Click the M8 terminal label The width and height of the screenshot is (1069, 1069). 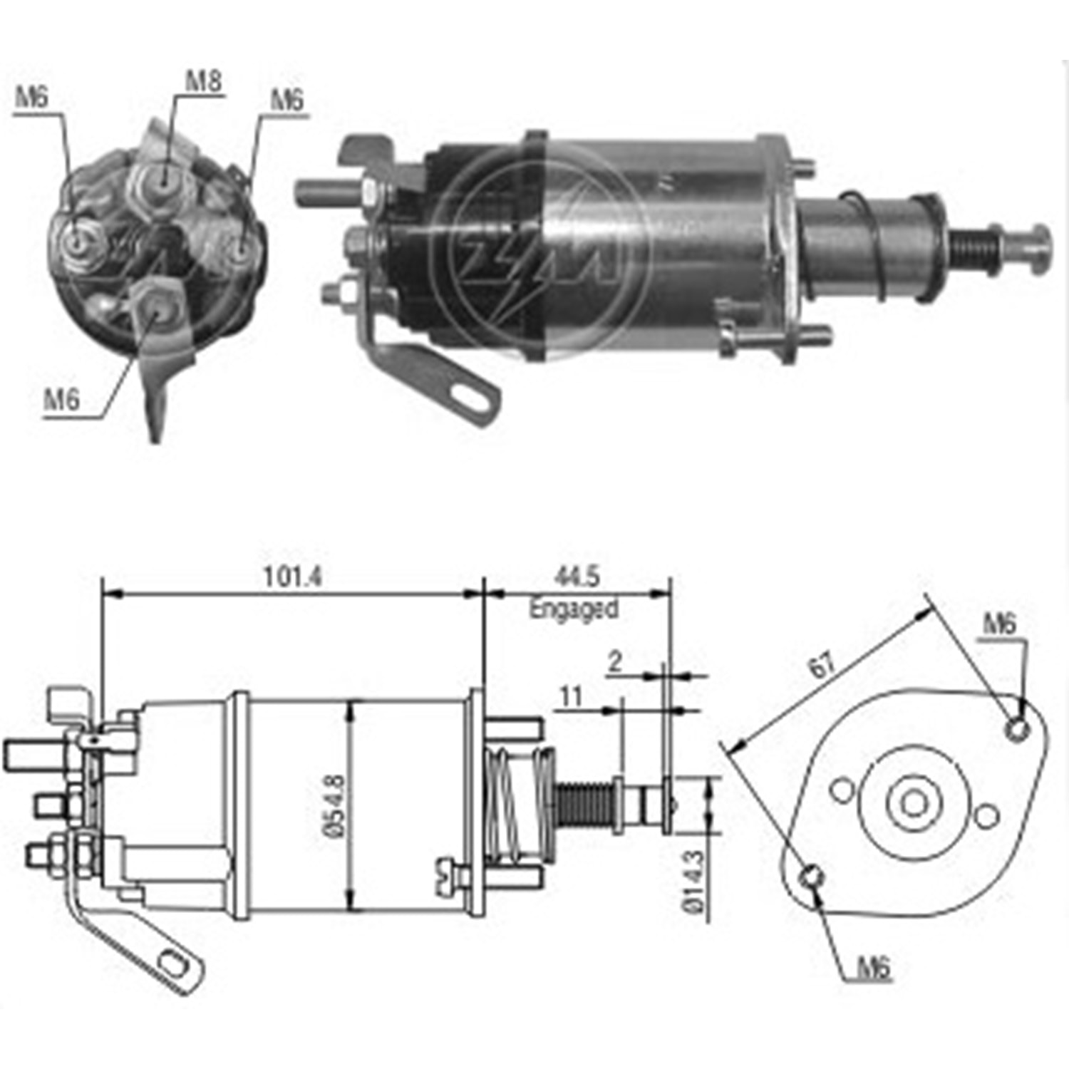pyautogui.click(x=204, y=81)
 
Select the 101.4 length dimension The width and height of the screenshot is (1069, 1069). pyautogui.click(x=293, y=577)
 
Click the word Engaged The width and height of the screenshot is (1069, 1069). pyautogui.click(x=574, y=609)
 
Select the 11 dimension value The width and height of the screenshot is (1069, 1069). pyautogui.click(x=571, y=696)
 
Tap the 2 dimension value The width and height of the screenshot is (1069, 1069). pyautogui.click(x=615, y=662)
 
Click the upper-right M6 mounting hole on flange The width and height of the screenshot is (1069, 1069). pyautogui.click(x=1017, y=728)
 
